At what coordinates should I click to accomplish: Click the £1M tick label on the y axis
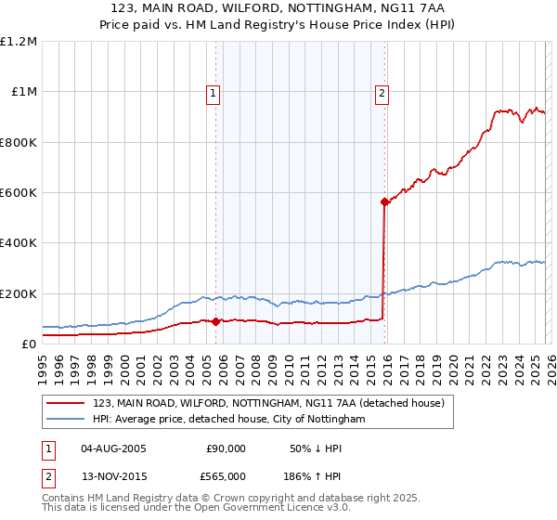click(22, 92)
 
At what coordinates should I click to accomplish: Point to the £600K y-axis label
click(19, 193)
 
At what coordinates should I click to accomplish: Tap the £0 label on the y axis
click(28, 344)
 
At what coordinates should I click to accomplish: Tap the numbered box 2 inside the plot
click(382, 92)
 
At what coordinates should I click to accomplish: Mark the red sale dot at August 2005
click(215, 321)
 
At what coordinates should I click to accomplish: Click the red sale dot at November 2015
click(383, 201)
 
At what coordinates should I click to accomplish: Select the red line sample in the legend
click(65, 403)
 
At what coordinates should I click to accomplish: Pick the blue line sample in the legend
click(65, 420)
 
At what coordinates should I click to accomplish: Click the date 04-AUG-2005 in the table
click(113, 448)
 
